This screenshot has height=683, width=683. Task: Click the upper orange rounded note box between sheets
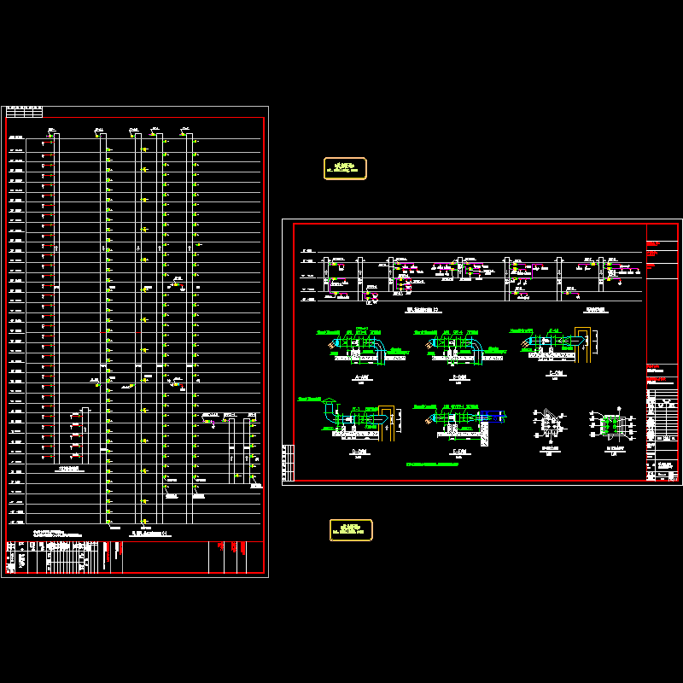(x=345, y=168)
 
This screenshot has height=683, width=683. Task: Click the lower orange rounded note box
(x=351, y=530)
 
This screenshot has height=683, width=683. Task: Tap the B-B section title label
(x=459, y=377)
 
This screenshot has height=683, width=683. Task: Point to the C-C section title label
(x=556, y=374)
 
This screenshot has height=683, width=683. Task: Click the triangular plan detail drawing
(x=546, y=424)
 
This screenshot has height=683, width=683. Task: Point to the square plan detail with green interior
(x=613, y=424)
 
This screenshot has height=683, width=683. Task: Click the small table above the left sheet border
(x=24, y=112)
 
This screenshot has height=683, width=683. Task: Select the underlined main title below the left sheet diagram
(x=152, y=534)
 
